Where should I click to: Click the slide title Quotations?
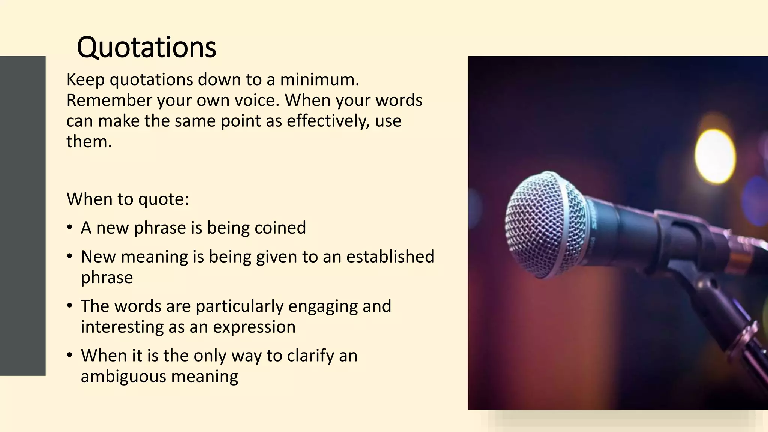click(x=147, y=47)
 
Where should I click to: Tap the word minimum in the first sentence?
click(x=319, y=79)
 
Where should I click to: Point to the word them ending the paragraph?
click(x=89, y=142)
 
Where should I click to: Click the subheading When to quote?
click(x=127, y=199)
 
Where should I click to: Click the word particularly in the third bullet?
click(x=240, y=306)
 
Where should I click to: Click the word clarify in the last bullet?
click(x=310, y=355)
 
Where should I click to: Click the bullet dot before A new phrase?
click(x=69, y=228)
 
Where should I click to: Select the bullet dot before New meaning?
click(x=69, y=256)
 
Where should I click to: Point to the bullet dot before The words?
click(x=69, y=306)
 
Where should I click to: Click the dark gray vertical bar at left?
click(x=22, y=216)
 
